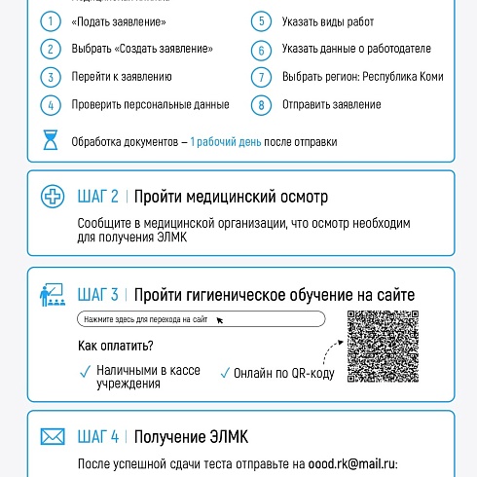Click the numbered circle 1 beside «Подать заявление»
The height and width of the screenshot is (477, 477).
(50, 20)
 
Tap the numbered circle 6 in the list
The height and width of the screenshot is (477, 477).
(260, 49)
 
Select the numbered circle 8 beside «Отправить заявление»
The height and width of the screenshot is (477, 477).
(260, 104)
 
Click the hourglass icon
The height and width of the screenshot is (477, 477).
(50, 141)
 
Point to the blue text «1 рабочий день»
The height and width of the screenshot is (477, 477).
(226, 141)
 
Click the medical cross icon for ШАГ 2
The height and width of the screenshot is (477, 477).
(52, 197)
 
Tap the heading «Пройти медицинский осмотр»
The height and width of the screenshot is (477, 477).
(232, 197)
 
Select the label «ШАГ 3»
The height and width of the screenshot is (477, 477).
(97, 294)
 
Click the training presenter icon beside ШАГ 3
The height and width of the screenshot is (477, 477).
(52, 293)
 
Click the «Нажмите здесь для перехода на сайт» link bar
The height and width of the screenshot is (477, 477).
(200, 318)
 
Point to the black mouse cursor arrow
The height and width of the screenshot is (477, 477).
(219, 319)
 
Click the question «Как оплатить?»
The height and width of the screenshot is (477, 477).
(116, 347)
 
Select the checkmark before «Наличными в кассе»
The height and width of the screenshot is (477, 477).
(84, 371)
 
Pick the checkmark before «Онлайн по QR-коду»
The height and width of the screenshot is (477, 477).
(225, 371)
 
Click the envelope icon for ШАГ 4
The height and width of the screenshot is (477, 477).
(52, 437)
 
